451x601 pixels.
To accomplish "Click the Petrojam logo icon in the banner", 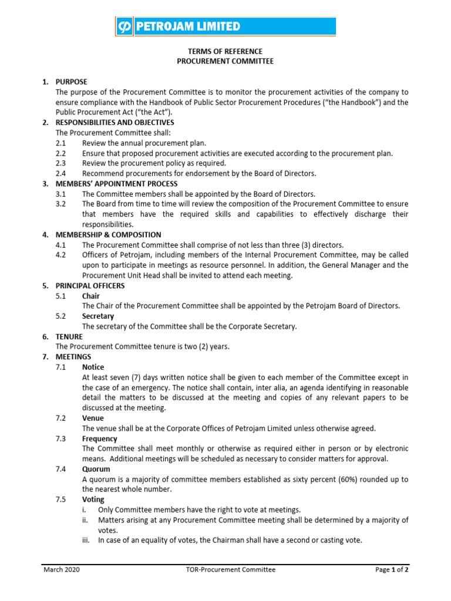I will [124, 26].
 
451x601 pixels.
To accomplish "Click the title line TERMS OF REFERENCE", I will [225, 52].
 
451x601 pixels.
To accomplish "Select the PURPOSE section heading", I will [71, 82].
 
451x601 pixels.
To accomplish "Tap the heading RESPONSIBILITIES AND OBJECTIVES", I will [115, 123].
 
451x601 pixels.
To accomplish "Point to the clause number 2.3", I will [61, 163].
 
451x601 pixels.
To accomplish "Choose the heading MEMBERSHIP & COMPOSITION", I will [108, 235].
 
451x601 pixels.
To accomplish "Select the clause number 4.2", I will [61, 255].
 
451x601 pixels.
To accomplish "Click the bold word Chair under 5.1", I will [91, 296].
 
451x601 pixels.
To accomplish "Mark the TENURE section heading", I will [69, 337].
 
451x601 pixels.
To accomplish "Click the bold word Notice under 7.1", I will [93, 367].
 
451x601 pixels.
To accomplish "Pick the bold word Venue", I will [93, 418].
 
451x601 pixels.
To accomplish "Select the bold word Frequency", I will [99, 439].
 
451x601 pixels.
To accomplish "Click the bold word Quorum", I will [96, 470].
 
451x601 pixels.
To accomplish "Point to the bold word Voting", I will [93, 499].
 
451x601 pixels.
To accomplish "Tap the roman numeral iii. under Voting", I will [85, 541].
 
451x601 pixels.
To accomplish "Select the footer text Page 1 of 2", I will [392, 569].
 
